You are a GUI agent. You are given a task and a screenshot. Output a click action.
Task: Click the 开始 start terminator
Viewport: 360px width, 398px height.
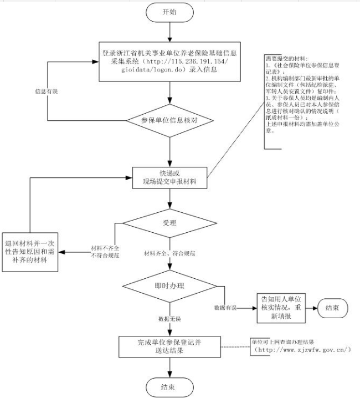click(x=169, y=12)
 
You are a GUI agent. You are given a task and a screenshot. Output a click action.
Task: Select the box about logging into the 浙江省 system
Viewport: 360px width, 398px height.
click(x=169, y=62)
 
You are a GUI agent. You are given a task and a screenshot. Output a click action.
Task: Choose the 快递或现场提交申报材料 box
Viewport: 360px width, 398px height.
click(x=169, y=176)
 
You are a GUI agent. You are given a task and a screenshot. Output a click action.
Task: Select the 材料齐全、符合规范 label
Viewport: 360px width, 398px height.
click(x=169, y=253)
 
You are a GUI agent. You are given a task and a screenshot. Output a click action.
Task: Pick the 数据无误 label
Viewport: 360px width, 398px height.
click(x=169, y=320)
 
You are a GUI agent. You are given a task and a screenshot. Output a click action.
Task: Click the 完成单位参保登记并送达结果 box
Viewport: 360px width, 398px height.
click(x=169, y=346)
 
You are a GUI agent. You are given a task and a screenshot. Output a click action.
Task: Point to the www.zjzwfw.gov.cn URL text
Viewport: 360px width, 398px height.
click(x=302, y=350)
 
